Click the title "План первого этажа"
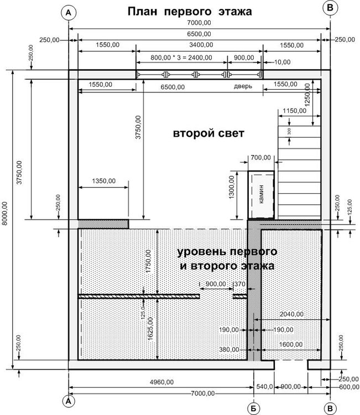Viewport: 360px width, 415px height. click(x=190, y=12)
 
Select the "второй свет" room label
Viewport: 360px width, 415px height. click(x=208, y=133)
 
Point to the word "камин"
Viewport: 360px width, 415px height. click(x=262, y=194)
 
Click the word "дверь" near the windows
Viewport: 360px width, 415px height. click(x=243, y=86)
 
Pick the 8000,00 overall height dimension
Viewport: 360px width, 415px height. click(x=4, y=214)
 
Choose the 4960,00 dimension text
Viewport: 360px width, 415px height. click(x=161, y=382)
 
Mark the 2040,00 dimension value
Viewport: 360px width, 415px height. click(x=291, y=314)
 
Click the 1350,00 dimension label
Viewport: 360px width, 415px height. click(x=104, y=181)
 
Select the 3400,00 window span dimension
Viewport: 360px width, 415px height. click(x=201, y=45)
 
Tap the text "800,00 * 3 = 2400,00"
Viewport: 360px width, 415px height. click(x=181, y=58)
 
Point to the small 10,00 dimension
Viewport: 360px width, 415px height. click(x=282, y=62)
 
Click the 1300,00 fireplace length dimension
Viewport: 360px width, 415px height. click(x=232, y=187)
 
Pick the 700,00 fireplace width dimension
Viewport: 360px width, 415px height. click(x=260, y=158)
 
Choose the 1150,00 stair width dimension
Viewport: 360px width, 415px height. click(x=294, y=110)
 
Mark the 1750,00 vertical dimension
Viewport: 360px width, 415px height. click(x=148, y=262)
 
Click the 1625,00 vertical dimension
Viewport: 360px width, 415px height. click(x=150, y=329)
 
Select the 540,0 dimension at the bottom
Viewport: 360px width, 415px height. click(x=264, y=387)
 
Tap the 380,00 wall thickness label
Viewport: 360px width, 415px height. click(x=229, y=350)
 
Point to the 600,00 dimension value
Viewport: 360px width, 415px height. click(x=349, y=387)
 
